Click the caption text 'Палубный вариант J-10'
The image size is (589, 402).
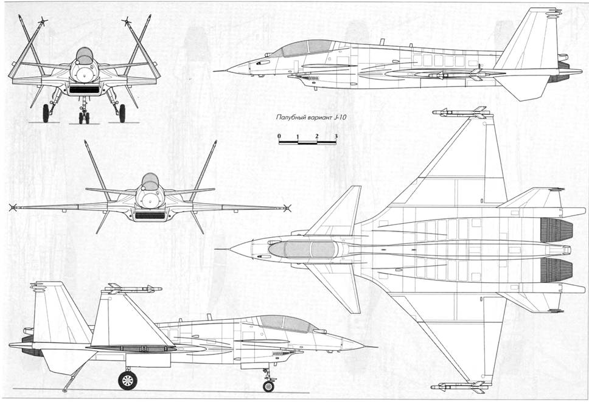pyautogui.click(x=311, y=117)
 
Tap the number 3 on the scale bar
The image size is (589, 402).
pyautogui.click(x=336, y=136)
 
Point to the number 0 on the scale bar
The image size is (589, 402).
pyautogui.click(x=279, y=136)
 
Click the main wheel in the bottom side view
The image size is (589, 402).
pyautogui.click(x=128, y=380)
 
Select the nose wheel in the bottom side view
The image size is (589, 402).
pyautogui.click(x=268, y=386)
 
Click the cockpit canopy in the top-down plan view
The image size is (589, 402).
pyautogui.click(x=303, y=249)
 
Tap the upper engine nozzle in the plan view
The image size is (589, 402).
pyautogui.click(x=556, y=230)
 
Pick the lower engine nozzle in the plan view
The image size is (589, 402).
pyautogui.click(x=556, y=270)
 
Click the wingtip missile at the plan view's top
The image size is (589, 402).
pyautogui.click(x=462, y=113)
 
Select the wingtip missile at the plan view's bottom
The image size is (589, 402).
pyautogui.click(x=462, y=386)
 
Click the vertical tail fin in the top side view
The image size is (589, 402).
pyautogui.click(x=529, y=40)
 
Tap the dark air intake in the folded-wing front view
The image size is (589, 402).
pyautogui.click(x=85, y=90)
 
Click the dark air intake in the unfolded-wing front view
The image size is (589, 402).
pyautogui.click(x=150, y=215)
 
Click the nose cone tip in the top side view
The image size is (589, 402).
pyautogui.click(x=215, y=71)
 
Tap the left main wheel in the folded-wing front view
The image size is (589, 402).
pyautogui.click(x=46, y=113)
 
